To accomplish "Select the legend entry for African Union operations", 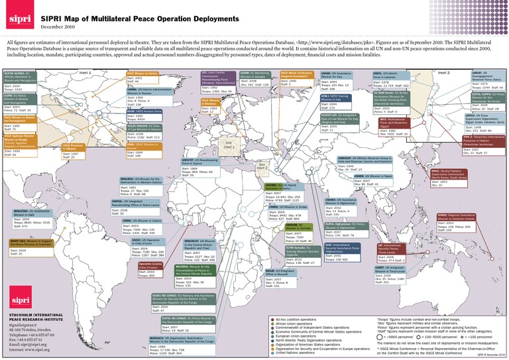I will (292, 324).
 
